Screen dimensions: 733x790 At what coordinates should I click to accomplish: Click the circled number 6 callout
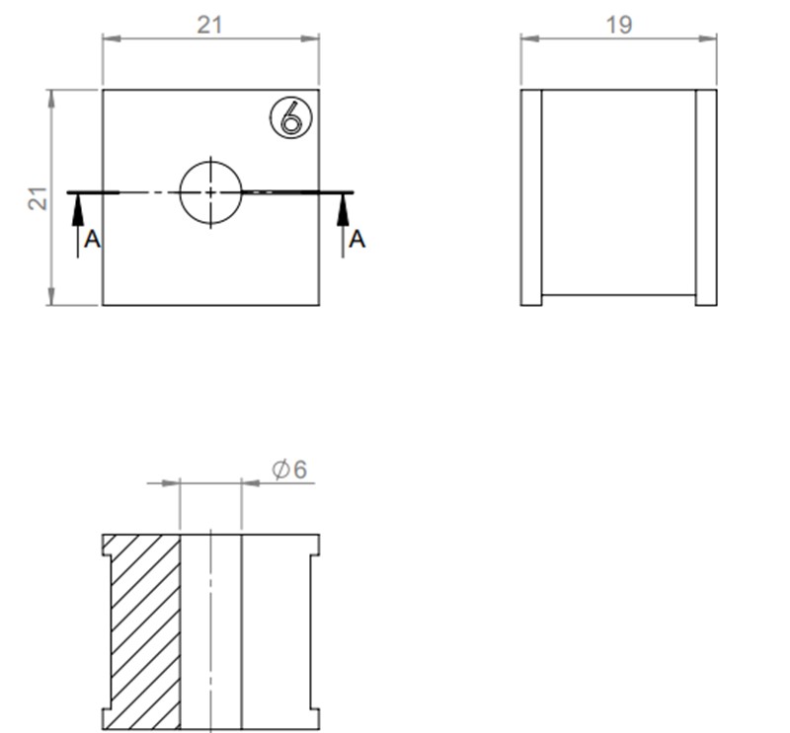pos(289,119)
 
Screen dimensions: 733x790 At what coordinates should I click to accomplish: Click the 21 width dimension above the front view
pos(209,26)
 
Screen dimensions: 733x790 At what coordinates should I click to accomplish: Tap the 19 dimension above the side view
pos(619,26)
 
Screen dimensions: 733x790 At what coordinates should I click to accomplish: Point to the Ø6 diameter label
pos(290,471)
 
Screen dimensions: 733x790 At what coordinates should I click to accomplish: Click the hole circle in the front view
pos(210,191)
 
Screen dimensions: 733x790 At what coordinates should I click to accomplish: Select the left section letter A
pos(92,239)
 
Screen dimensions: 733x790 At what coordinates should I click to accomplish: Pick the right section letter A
pos(356,239)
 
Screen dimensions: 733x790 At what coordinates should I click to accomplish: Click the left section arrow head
pos(78,202)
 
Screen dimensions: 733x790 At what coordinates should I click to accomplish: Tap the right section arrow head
pos(343,202)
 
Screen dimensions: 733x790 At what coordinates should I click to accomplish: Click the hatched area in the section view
pos(144,631)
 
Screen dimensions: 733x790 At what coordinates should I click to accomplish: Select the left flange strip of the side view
pos(531,197)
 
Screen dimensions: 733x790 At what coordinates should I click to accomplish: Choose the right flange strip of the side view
pos(706,197)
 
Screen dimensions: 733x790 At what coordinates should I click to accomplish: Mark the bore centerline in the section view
pos(210,631)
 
